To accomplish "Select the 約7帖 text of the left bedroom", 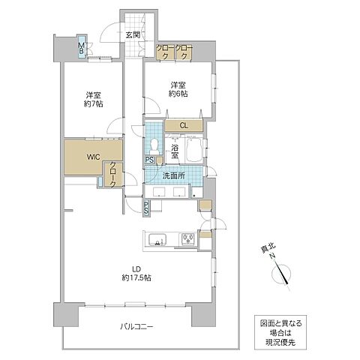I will [94, 105].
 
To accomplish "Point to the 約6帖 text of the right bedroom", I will [178, 94].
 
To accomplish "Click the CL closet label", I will [182, 125].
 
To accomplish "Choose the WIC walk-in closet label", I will [91, 157].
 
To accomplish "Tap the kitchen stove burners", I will [187, 240].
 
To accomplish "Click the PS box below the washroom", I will [146, 208].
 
